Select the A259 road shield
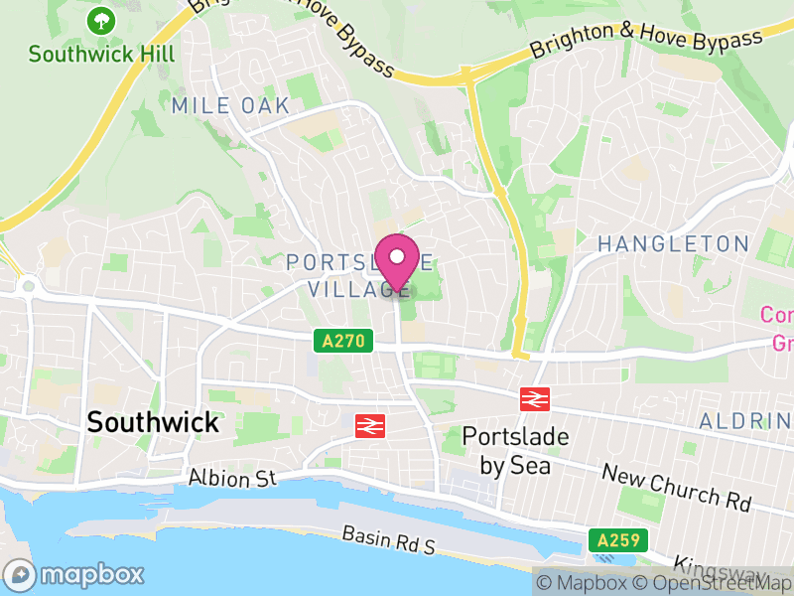tap(617, 541)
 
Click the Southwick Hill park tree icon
tap(100, 20)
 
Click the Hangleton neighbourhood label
tap(673, 244)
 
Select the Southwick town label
tap(152, 421)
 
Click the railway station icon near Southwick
tap(370, 425)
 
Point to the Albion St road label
tap(231, 478)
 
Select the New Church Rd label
tap(675, 488)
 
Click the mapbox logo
tap(74, 575)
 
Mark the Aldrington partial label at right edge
tap(745, 422)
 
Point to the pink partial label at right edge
tap(777, 329)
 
